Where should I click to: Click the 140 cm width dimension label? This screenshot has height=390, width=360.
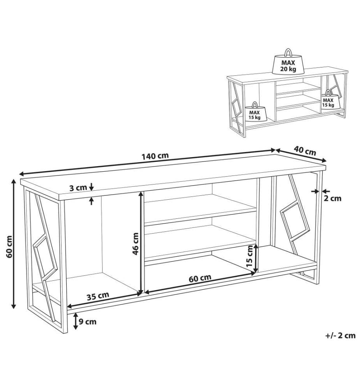155,156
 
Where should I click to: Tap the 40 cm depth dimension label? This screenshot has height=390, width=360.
305,151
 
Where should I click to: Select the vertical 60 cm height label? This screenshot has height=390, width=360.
9,246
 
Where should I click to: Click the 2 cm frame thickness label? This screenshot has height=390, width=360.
333,198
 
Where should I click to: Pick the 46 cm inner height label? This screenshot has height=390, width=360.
136,244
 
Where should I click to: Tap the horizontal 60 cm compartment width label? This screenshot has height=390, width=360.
200,278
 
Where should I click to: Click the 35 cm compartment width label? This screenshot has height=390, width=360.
98,296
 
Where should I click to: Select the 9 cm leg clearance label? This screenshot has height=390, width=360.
87,322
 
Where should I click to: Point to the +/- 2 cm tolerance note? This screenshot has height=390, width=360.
341,335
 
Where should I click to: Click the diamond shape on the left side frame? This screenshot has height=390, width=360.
46,257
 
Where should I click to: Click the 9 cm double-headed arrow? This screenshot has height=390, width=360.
76,321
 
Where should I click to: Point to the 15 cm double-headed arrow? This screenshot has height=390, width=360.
256,260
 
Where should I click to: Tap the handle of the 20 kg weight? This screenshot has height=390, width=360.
288,52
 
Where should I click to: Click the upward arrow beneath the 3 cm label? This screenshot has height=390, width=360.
92,200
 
